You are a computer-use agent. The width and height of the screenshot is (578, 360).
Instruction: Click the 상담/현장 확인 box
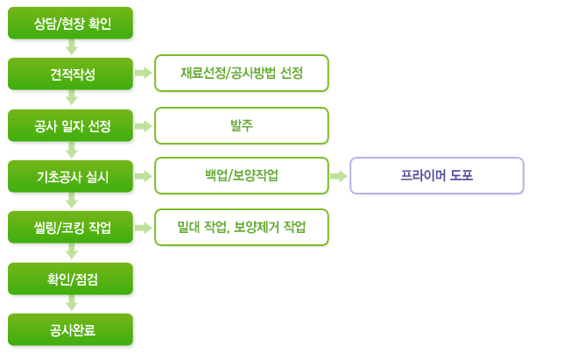click(70, 23)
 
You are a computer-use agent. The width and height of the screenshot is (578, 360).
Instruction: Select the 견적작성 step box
click(70, 74)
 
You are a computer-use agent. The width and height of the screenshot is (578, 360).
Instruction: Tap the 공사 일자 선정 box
click(70, 125)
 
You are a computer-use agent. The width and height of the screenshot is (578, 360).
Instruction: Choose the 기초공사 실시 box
click(70, 176)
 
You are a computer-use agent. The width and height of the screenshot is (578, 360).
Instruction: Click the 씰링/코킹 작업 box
click(70, 227)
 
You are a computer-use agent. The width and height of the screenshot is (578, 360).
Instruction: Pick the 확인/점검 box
click(70, 279)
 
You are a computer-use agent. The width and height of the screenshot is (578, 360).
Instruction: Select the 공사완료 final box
click(70, 329)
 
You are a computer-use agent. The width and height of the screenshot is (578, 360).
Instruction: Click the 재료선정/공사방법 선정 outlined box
click(242, 73)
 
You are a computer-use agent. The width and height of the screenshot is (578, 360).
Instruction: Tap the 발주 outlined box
click(242, 125)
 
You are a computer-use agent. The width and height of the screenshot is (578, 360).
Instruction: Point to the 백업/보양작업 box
click(242, 175)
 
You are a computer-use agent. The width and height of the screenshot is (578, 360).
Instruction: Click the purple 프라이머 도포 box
click(437, 175)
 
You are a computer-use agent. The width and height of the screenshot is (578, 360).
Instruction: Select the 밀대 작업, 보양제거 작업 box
click(242, 227)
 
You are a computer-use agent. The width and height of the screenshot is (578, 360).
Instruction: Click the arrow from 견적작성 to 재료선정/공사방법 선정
click(144, 73)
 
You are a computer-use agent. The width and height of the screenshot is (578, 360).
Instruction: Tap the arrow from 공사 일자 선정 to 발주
click(144, 126)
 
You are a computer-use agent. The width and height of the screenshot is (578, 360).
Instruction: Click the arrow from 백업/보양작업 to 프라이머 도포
click(339, 176)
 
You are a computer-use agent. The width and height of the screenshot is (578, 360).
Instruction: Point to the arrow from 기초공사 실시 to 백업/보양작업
click(144, 176)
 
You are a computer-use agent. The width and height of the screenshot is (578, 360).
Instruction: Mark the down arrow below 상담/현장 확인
click(72, 47)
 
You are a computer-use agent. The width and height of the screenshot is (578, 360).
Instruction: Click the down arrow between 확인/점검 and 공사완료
click(72, 303)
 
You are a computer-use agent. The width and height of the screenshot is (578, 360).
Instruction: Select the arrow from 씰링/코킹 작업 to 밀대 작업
click(144, 228)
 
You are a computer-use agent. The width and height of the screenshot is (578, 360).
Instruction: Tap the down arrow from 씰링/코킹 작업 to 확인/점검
click(72, 251)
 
